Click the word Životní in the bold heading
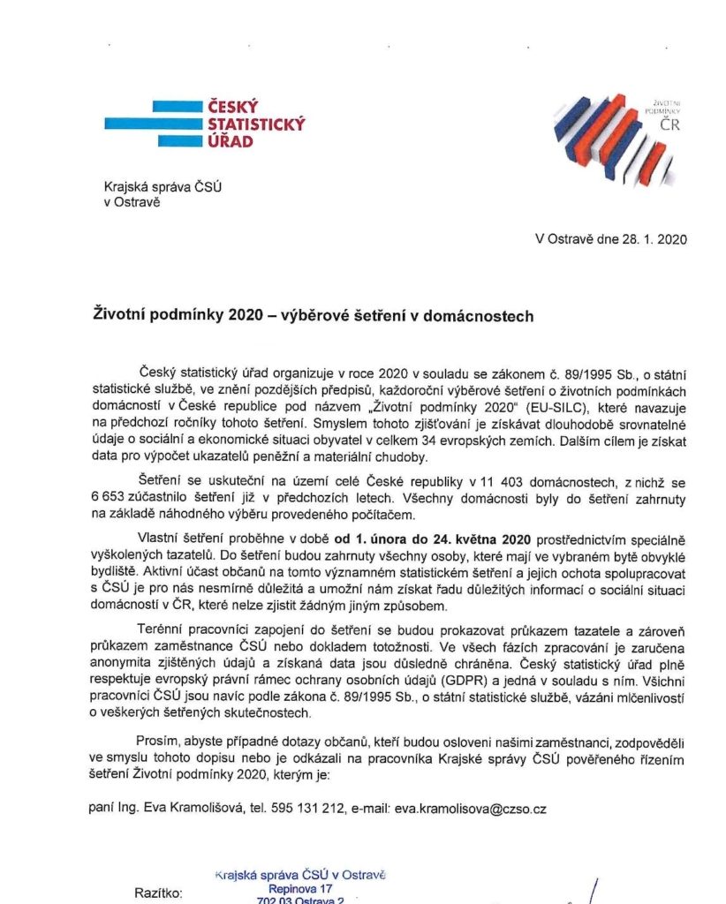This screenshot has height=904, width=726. coord(121,315)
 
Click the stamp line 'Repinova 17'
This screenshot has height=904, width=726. coord(301,889)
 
